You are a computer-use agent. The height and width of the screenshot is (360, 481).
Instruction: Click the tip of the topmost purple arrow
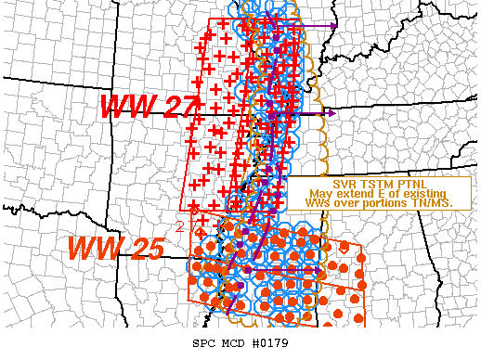point(336,25)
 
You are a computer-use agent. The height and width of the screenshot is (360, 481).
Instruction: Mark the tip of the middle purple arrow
point(335,113)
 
